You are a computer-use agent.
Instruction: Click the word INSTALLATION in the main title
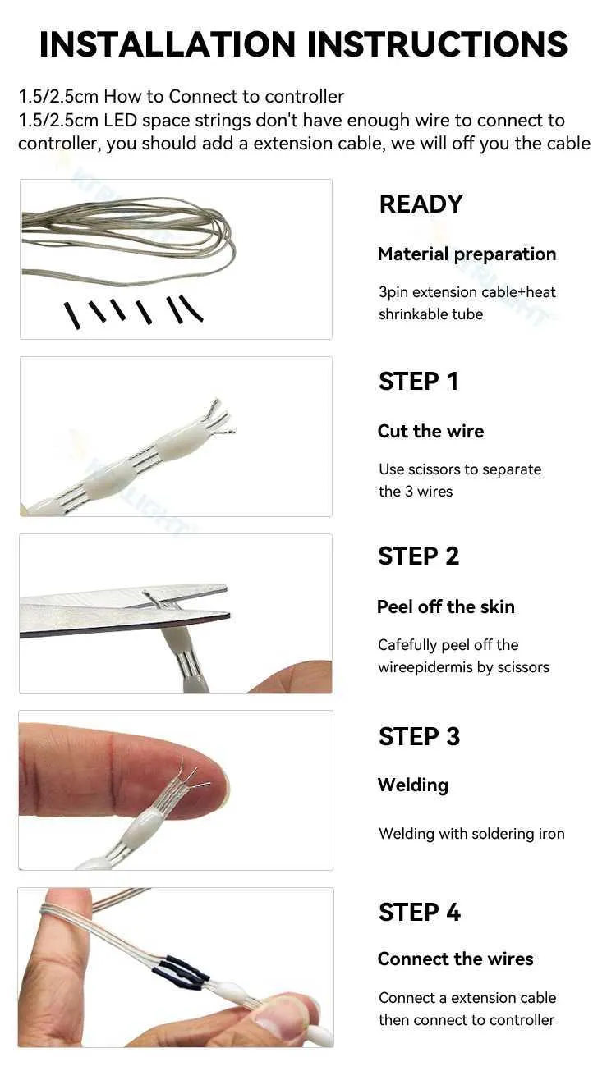point(168,44)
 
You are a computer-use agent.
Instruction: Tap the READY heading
point(421,204)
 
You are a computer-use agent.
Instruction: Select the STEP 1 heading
point(418,381)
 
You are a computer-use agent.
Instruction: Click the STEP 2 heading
point(418,556)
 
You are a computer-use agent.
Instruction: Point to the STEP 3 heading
point(419,736)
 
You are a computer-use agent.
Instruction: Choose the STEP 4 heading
point(419,913)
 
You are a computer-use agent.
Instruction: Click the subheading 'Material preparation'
point(467,254)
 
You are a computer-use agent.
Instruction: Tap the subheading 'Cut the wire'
point(430,431)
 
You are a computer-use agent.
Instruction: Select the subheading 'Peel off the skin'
point(446,606)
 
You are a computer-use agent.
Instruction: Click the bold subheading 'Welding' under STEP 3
point(413,785)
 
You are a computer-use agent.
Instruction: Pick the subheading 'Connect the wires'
point(455,959)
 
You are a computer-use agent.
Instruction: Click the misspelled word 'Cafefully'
point(407,645)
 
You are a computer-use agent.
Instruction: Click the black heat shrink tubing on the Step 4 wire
point(181,969)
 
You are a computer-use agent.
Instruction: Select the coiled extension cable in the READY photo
point(128,241)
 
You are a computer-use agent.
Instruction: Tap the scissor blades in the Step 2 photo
point(125,610)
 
